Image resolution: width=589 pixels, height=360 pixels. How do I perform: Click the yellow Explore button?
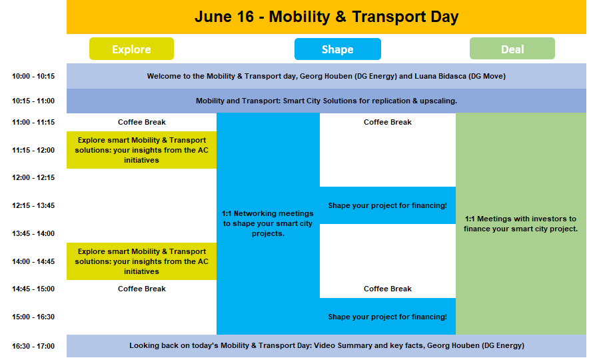tap(131, 49)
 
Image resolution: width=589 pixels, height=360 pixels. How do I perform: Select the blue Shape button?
tap(338, 49)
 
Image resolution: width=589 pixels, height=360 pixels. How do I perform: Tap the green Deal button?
tap(512, 49)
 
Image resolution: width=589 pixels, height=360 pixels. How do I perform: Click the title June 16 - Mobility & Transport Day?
tap(326, 17)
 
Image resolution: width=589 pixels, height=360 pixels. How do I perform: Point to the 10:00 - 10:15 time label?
tap(33, 76)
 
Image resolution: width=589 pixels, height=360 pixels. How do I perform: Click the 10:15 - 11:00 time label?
tap(33, 101)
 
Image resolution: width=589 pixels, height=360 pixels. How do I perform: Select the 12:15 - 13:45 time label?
tap(33, 205)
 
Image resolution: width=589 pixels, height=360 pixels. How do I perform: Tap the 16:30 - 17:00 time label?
tap(33, 346)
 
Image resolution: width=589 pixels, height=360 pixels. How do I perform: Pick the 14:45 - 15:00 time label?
tap(33, 289)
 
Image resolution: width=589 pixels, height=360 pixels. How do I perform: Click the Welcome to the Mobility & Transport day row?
tap(326, 76)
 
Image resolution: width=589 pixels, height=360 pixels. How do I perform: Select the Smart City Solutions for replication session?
tap(326, 101)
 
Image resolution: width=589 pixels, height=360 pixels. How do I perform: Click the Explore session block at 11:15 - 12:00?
tap(142, 150)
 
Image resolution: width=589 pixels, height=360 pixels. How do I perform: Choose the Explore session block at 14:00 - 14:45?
tap(142, 261)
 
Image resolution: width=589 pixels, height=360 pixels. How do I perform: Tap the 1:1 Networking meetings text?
tap(268, 223)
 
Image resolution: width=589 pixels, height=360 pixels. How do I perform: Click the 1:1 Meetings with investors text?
tap(520, 223)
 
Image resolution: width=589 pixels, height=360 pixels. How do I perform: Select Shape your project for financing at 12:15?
tap(388, 205)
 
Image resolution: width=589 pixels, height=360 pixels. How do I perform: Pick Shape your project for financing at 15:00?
tap(388, 317)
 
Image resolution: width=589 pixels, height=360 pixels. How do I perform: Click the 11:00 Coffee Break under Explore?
tap(142, 122)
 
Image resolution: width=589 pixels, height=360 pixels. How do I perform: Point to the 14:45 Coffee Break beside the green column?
tap(388, 289)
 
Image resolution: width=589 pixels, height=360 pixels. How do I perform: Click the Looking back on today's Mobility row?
tap(326, 346)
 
